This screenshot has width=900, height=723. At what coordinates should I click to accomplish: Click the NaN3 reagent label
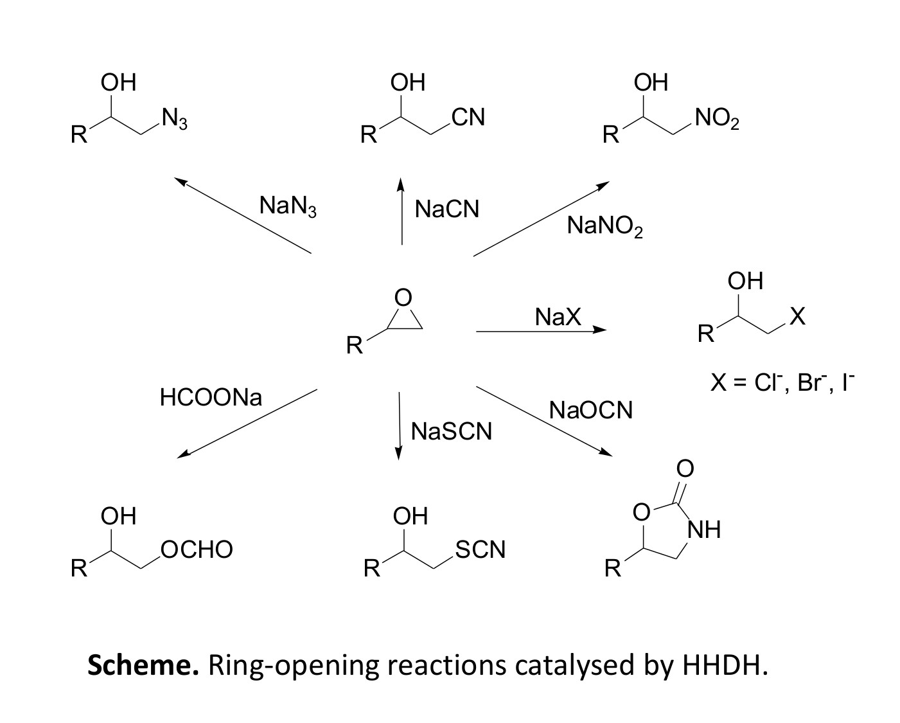tap(288, 206)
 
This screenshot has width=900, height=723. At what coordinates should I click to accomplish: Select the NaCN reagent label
tap(446, 209)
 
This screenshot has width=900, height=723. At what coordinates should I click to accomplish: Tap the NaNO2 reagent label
tap(604, 227)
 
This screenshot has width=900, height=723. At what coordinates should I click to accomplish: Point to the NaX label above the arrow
tap(558, 317)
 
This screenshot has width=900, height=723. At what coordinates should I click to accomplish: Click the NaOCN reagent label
tap(590, 410)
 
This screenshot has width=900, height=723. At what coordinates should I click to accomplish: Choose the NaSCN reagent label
tap(451, 431)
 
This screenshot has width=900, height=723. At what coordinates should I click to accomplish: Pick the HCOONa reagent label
tap(211, 398)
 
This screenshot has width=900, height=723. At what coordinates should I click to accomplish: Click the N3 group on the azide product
tap(174, 119)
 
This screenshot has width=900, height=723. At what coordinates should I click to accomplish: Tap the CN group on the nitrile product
tap(468, 118)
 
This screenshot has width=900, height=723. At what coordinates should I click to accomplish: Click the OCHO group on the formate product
tap(197, 550)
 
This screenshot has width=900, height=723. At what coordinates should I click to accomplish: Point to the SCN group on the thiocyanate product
tap(480, 550)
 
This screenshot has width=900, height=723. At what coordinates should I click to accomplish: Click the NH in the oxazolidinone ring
tap(704, 530)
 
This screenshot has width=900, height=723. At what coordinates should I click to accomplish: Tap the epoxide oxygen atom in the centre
tap(403, 298)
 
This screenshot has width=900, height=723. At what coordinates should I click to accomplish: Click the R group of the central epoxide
tap(354, 346)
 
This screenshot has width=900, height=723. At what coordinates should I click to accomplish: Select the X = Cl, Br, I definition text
tap(782, 383)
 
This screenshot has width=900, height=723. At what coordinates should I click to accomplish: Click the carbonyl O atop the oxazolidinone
tap(685, 469)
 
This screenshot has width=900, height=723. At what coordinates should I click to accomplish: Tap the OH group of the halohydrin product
tap(745, 281)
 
